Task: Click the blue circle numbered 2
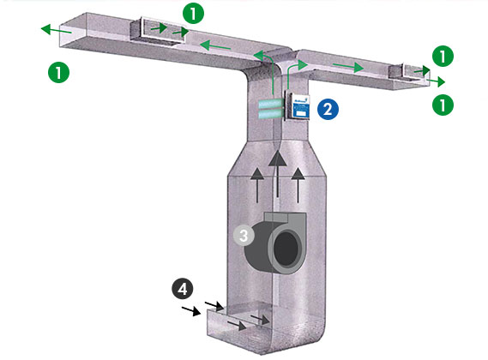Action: pyautogui.click(x=326, y=108)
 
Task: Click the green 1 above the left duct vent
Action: pyautogui.click(x=196, y=13)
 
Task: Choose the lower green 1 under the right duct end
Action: pyautogui.click(x=442, y=105)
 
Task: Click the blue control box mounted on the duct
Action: pyautogui.click(x=297, y=105)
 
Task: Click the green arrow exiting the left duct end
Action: pyautogui.click(x=51, y=29)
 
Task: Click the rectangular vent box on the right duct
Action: pyautogui.click(x=410, y=71)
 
